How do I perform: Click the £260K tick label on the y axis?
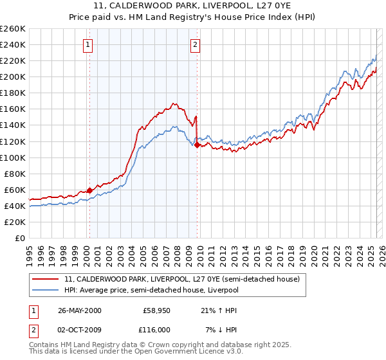pos(13,29)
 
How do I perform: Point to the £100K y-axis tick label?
pos(13,157)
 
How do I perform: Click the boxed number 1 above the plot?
pos(87,45)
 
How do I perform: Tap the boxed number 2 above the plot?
pos(194,45)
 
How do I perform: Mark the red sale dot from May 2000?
pos(89,190)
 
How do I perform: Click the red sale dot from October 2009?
pos(197,145)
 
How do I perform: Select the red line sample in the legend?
pos(46,279)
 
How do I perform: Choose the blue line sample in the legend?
pos(46,290)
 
